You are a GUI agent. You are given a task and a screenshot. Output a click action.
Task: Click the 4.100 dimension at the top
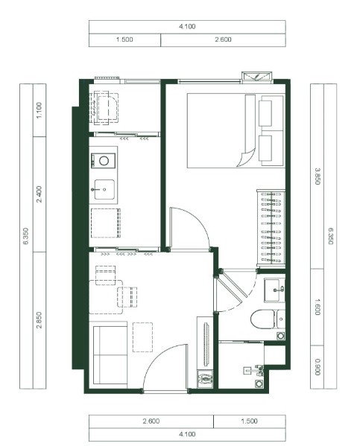point(187,27)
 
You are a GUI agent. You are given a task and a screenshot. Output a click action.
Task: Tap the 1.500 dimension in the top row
point(124,39)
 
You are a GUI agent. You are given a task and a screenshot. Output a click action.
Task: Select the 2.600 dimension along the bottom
point(151,421)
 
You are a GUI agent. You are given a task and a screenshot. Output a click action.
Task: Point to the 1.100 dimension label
point(40,110)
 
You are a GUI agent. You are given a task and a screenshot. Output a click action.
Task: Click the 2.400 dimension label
point(40,194)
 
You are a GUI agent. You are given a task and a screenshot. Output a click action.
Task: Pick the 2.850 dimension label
point(40,320)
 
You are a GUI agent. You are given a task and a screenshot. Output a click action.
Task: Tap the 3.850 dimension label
point(318,176)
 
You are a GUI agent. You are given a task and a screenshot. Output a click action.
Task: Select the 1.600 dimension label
point(318,307)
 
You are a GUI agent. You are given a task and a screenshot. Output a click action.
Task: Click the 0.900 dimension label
point(318,367)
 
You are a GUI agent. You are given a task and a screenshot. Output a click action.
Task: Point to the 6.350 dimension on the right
point(330,236)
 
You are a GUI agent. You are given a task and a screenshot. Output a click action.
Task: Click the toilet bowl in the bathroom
point(263,319)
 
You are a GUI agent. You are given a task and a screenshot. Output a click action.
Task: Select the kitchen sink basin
point(104,189)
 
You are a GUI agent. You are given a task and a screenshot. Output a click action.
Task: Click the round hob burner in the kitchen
point(104,161)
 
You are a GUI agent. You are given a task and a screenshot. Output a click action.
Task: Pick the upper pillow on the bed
point(265,113)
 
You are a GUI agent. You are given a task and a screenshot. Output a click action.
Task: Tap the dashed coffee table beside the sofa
point(142,337)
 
